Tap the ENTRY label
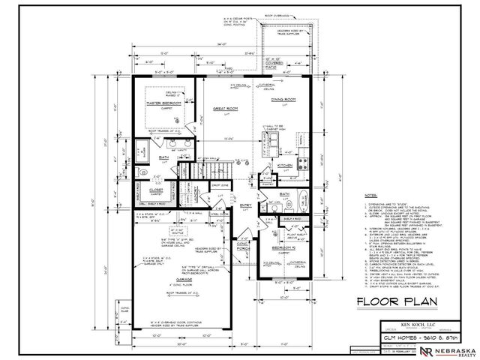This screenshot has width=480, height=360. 246,204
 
